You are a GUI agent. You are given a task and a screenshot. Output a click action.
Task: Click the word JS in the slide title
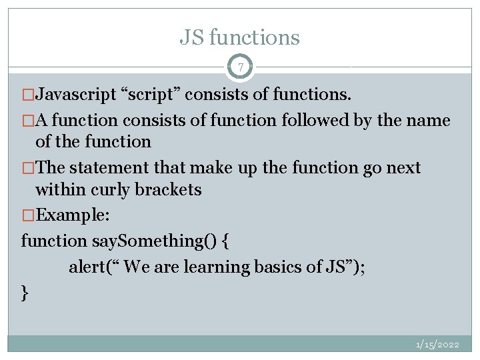[192, 37]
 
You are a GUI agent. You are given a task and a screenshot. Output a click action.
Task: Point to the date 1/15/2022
[437, 345]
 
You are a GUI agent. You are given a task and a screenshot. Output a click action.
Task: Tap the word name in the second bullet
[430, 121]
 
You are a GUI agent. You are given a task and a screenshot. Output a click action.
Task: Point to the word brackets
[168, 190]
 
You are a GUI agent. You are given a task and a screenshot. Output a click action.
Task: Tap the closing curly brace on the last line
[25, 292]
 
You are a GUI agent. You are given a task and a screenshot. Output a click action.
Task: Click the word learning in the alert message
[217, 267]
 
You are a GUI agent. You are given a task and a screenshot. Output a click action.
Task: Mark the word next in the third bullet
[402, 168]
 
